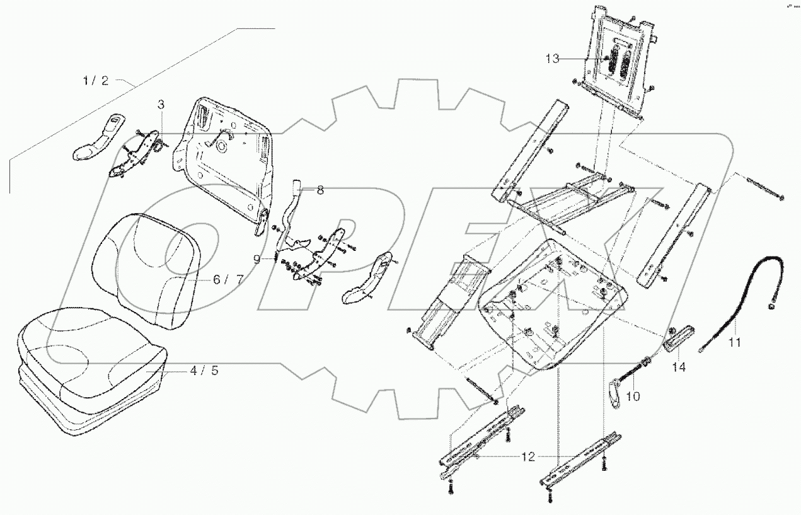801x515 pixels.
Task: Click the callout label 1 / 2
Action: pos(96,81)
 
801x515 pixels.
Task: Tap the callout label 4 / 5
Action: pos(204,371)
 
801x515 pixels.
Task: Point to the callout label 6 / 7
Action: pos(229,280)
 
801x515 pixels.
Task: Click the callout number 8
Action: pos(320,190)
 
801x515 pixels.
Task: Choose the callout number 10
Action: pos(633,396)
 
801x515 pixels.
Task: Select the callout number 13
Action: pos(552,59)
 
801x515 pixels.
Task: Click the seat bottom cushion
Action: pos(88,366)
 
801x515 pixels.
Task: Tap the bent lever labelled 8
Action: pos(292,214)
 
